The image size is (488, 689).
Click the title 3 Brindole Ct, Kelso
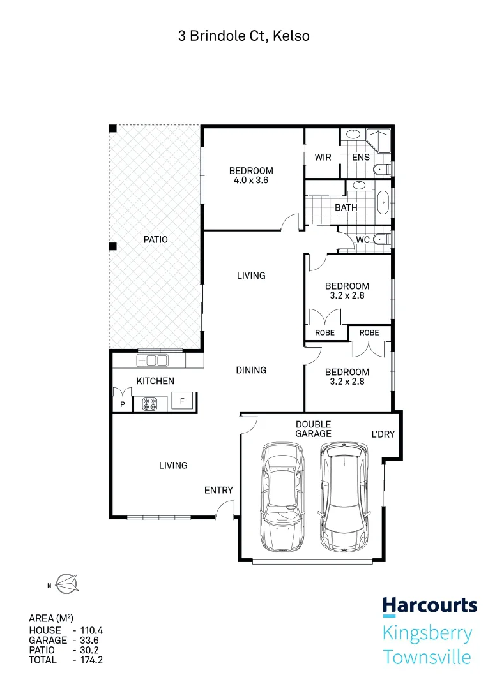coord(243,36)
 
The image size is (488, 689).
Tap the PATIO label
coord(155,240)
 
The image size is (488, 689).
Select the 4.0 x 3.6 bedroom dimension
coord(251,181)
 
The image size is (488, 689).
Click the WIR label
coord(323,157)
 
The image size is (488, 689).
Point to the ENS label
coord(361,157)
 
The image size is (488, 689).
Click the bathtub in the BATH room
coord(383,202)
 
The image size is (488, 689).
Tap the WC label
coord(363,240)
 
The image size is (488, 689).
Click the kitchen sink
coord(153,360)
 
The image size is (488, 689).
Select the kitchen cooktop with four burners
coord(150,403)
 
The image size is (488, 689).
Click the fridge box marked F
coord(183,402)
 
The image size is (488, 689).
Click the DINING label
coord(251,370)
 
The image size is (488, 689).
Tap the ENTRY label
coord(218,490)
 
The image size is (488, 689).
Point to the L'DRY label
coord(383,434)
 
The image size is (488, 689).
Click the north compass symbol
coord(66,582)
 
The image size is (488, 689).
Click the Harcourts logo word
coord(429,605)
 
